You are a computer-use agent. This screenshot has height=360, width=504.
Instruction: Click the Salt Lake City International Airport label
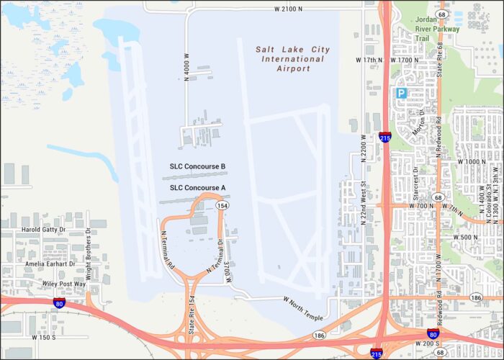[x=293, y=59]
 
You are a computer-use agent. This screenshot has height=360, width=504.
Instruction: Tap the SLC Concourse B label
[x=197, y=167]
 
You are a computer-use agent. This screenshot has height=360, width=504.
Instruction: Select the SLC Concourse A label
[x=197, y=188]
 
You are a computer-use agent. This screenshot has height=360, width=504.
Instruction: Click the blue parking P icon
[x=401, y=93]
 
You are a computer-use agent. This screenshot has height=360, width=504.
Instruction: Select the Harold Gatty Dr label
[x=44, y=230]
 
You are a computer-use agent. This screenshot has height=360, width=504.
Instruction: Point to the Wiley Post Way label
[x=63, y=284]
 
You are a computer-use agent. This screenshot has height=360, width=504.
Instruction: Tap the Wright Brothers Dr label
[x=89, y=253]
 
